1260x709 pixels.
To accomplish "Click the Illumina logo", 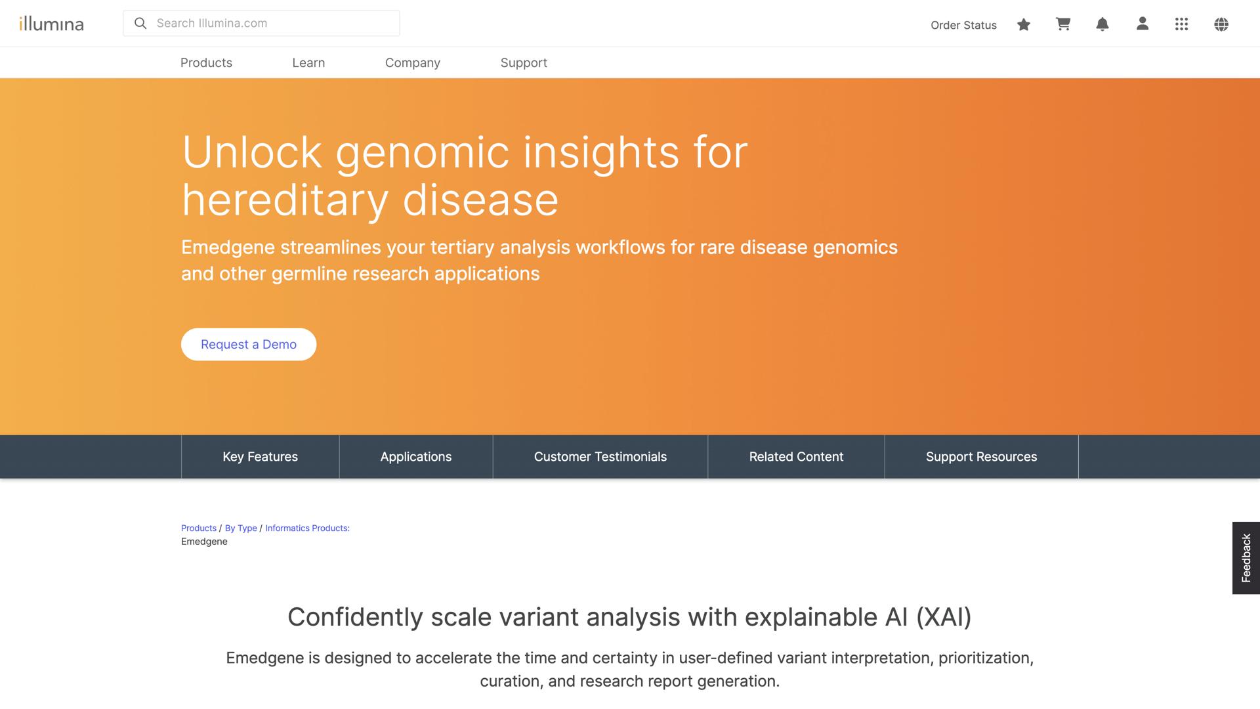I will (x=52, y=24).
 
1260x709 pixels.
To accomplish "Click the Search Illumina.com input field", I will (x=269, y=24).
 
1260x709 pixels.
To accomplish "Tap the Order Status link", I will (x=963, y=25).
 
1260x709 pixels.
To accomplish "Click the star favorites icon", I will (x=1024, y=24).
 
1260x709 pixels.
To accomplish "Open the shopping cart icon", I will (x=1063, y=24).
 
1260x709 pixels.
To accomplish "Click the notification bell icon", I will (x=1102, y=24).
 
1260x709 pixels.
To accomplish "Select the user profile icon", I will (x=1143, y=24).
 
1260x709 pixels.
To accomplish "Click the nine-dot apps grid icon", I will (x=1181, y=24).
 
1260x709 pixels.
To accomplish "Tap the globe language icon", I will (x=1221, y=24).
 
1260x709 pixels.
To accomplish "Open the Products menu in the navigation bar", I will (x=206, y=63).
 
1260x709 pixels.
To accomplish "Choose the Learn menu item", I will (x=308, y=63).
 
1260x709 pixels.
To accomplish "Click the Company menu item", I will (x=412, y=63).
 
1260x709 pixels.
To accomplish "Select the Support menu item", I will (x=524, y=63).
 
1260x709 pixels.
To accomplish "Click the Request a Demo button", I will (x=249, y=345).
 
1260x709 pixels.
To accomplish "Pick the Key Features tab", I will (x=260, y=457).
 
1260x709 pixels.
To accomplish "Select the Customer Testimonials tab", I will (x=600, y=457).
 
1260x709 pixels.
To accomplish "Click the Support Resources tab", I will (x=981, y=457).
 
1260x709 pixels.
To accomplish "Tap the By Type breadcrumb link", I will (x=241, y=528).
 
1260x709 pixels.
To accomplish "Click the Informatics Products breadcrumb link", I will (x=307, y=528).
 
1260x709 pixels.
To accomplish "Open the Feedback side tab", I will (x=1246, y=558).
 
